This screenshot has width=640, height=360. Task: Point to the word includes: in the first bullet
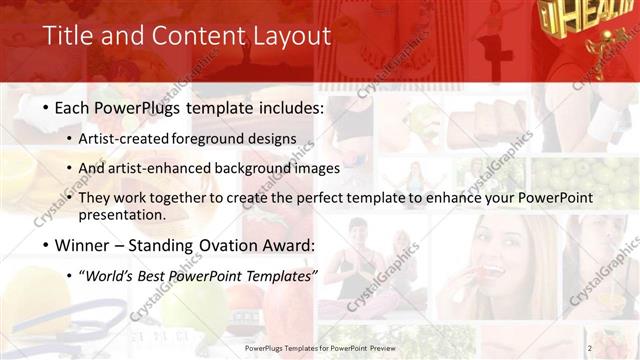pyautogui.click(x=289, y=106)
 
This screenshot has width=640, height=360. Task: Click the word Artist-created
pyautogui.click(x=124, y=138)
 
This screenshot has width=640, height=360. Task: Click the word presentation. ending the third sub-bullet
pyautogui.click(x=123, y=214)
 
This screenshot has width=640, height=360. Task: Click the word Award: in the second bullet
pyautogui.click(x=290, y=245)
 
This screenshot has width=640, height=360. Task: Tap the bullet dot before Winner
pyautogui.click(x=47, y=245)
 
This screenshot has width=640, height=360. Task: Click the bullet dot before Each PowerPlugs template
pyautogui.click(x=47, y=106)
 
